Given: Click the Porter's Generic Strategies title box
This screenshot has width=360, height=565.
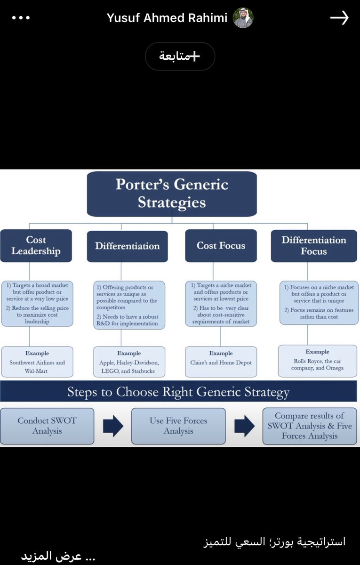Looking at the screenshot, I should [x=172, y=194].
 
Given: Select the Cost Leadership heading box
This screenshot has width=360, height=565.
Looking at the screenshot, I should [x=36, y=246].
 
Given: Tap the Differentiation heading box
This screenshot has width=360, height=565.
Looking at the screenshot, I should [x=127, y=246].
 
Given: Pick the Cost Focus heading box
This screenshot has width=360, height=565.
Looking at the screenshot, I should [x=221, y=246].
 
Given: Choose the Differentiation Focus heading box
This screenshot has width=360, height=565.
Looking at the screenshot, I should [x=313, y=246].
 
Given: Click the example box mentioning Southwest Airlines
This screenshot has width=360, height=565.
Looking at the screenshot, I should [x=37, y=362].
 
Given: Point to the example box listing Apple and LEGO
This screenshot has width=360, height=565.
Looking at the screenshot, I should [x=129, y=362].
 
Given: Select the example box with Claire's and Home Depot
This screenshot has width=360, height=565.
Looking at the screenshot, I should [x=221, y=362].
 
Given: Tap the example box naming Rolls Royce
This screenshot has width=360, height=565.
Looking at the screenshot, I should [x=317, y=361].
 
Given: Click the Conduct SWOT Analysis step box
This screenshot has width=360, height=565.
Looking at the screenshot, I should [x=47, y=426].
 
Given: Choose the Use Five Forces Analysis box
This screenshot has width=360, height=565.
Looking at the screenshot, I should [x=178, y=426].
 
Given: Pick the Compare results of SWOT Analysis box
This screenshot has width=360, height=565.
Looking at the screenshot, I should [x=310, y=426].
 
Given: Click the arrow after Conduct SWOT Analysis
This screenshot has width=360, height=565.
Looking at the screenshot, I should [x=113, y=426].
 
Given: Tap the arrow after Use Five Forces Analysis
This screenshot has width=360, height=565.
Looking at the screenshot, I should [x=244, y=426].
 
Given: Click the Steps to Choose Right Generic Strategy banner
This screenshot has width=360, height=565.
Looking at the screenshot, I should [x=178, y=392].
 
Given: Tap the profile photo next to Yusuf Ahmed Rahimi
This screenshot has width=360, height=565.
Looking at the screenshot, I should [x=243, y=18].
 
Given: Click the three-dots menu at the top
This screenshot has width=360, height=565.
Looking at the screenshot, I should [x=21, y=18].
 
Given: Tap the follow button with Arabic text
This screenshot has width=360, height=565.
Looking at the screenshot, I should [x=180, y=56].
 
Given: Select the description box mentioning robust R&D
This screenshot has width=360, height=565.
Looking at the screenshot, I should [x=129, y=304].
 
